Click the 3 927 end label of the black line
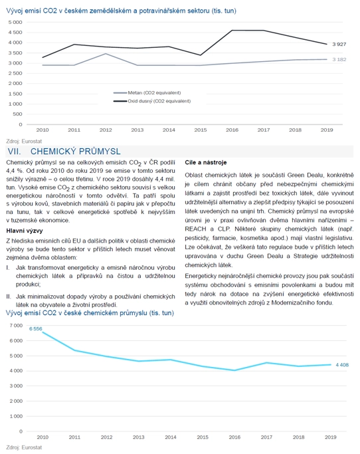pyautogui.click(x=339, y=45)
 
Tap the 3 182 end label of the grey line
pyautogui.click(x=339, y=59)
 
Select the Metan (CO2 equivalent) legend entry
pyautogui.click(x=147, y=92)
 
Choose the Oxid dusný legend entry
pyautogui.click(x=152, y=101)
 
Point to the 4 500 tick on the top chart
pyautogui.click(x=15, y=33)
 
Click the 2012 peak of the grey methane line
pyautogui.click(x=106, y=54)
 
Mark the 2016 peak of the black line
pyautogui.click(x=232, y=30)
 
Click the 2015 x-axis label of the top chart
pyautogui.click(x=200, y=130)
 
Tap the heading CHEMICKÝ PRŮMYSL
pyautogui.click(x=76, y=152)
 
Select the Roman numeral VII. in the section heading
pyautogui.click(x=14, y=152)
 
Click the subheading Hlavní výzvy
pyautogui.click(x=25, y=231)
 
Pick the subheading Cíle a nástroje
pyautogui.click(x=206, y=162)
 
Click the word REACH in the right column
pyautogui.click(x=196, y=229)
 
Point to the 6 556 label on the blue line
pyautogui.click(x=36, y=328)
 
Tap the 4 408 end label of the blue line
pyautogui.click(x=342, y=365)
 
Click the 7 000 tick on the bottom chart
pyautogui.click(x=16, y=326)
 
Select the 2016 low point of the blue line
pyautogui.click(x=234, y=370)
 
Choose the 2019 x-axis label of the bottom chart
pyautogui.click(x=331, y=437)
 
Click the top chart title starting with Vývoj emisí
pyautogui.click(x=122, y=11)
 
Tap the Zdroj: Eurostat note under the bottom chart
pyautogui.click(x=24, y=447)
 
